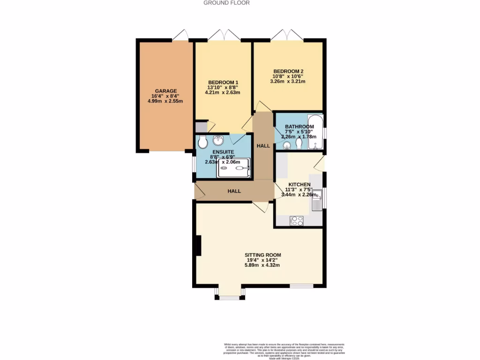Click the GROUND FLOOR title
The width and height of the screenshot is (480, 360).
point(226,3)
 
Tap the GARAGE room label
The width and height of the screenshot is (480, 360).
point(166,91)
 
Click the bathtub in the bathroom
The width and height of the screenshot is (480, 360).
point(315,132)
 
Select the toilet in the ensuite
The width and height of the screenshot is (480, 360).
point(203,142)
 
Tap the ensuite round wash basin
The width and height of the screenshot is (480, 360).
point(218,141)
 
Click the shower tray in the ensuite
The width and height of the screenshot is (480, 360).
point(233,168)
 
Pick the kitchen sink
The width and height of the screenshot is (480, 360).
point(318,200)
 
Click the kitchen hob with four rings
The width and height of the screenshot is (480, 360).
point(297,220)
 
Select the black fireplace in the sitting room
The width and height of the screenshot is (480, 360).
point(198,246)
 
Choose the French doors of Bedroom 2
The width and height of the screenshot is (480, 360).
point(287,36)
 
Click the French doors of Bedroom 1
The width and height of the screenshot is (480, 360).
point(224,36)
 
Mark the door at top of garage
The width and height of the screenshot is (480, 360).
point(180,35)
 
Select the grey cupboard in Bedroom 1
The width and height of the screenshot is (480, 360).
point(201,127)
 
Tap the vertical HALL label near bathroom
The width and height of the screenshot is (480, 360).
point(263,146)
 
